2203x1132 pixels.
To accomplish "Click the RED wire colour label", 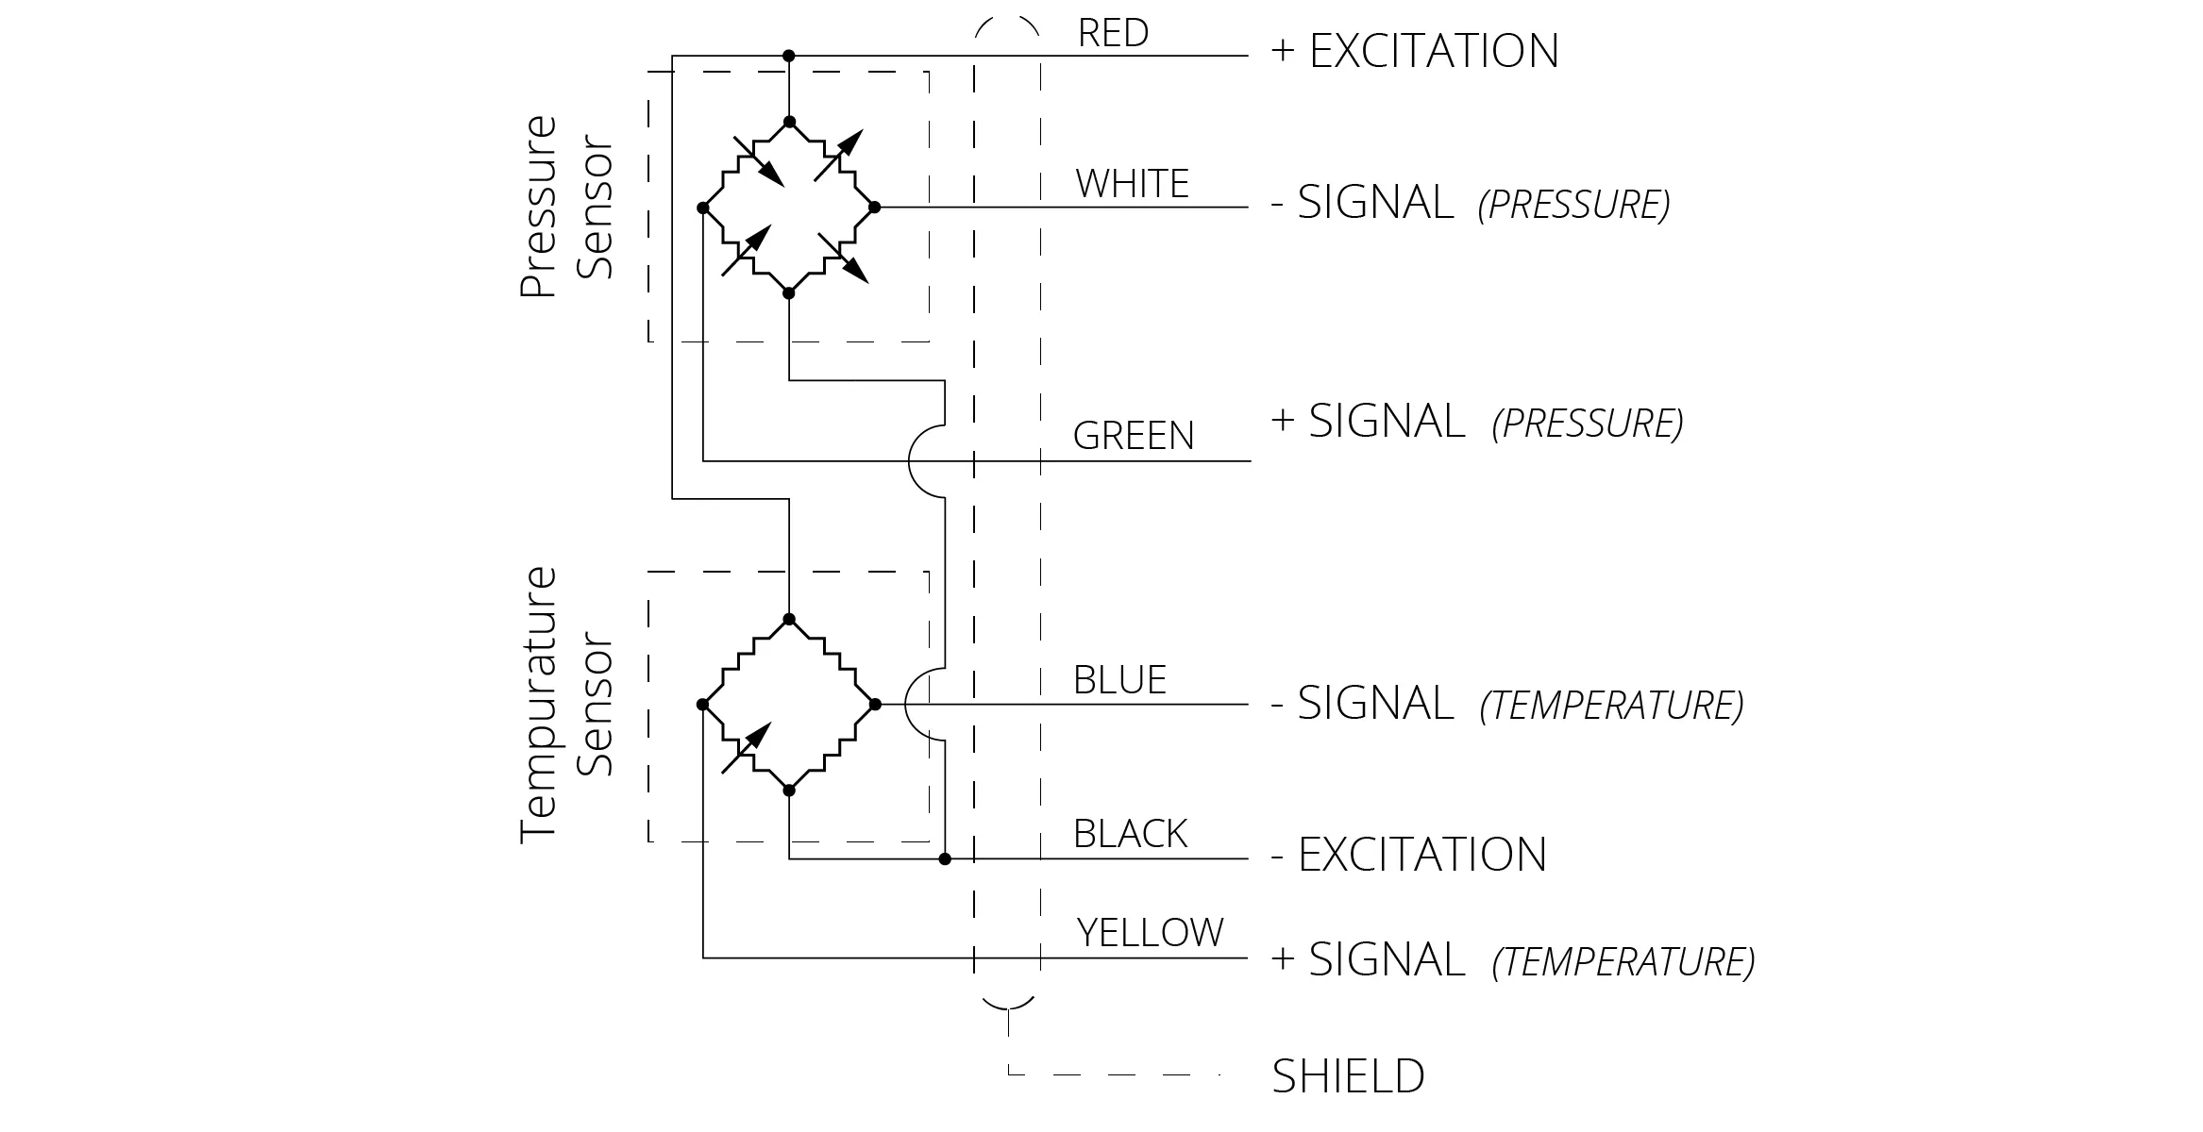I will [x=1113, y=33].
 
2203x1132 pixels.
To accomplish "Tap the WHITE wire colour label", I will [x=1132, y=184].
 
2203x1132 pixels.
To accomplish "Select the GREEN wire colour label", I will [x=1134, y=436].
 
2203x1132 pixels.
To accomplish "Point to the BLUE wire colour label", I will [x=1119, y=680].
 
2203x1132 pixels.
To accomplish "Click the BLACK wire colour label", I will [x=1130, y=834].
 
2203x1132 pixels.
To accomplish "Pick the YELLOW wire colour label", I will [x=1150, y=933].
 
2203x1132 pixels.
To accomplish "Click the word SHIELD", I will [x=1348, y=1076].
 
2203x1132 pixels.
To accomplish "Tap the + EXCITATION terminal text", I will [x=1415, y=51].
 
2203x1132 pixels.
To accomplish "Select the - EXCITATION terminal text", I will [x=1408, y=855].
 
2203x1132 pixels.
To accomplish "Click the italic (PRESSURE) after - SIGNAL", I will [x=1573, y=205].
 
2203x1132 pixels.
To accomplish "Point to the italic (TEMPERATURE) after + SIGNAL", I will [x=1623, y=962].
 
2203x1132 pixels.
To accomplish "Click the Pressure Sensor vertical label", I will [x=566, y=206].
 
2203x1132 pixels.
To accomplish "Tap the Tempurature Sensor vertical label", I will [x=566, y=704].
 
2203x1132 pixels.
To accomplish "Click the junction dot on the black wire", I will [x=945, y=858].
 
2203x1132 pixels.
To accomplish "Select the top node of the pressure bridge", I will [x=789, y=122].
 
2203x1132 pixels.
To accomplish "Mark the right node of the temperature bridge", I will [x=875, y=704].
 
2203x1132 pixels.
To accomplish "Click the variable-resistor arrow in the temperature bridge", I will [x=747, y=748].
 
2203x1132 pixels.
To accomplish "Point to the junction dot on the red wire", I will [x=789, y=56].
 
